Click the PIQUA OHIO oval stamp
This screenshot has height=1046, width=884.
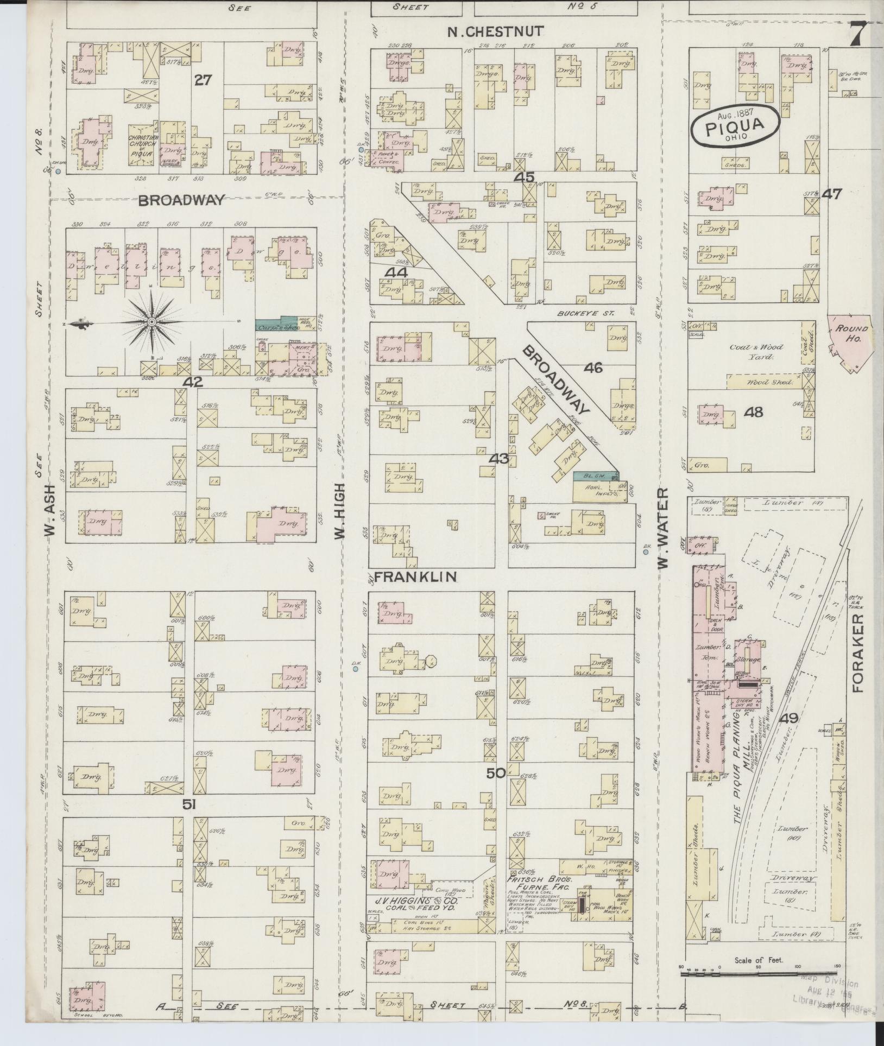click(x=735, y=125)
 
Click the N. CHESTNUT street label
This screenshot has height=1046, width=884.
click(x=495, y=31)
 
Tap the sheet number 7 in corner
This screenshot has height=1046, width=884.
click(x=857, y=36)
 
